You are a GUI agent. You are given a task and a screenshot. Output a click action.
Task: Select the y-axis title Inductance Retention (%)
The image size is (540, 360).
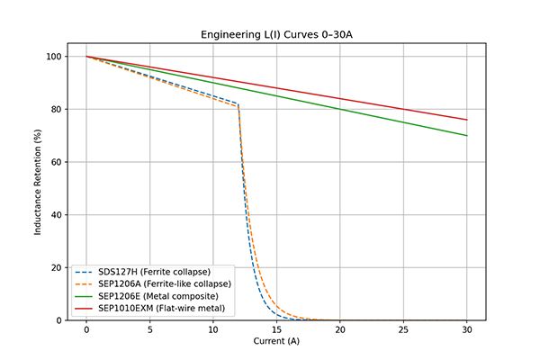(39, 181)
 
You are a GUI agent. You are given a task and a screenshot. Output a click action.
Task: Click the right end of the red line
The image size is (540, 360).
(467, 120)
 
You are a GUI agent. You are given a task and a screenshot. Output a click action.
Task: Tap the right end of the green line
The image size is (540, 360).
(467, 136)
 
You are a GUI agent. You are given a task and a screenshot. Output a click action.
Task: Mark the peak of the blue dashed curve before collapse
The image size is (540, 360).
(238, 103)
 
